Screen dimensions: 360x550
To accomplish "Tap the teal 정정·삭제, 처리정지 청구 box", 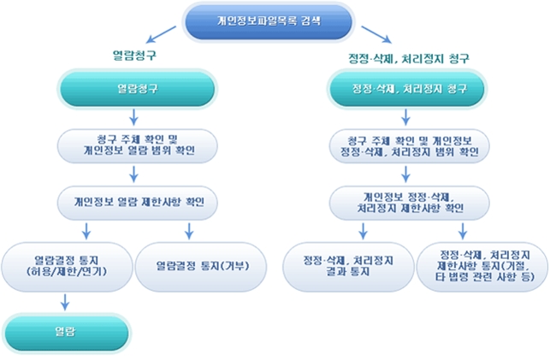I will click(x=408, y=88).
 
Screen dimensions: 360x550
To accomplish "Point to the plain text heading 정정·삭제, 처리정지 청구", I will click(x=410, y=57).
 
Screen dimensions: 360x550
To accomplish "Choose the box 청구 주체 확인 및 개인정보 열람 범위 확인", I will click(x=137, y=145).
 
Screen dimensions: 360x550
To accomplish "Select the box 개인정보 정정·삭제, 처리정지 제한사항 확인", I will click(x=408, y=202).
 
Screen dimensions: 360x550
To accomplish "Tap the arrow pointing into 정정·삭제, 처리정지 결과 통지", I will click(x=348, y=231).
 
